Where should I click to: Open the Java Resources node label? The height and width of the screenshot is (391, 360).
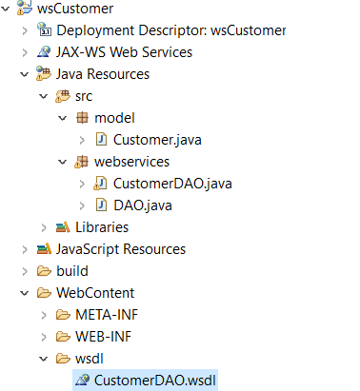tap(115, 74)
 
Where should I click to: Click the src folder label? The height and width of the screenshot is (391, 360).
tap(84, 96)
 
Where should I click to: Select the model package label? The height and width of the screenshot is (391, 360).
tap(115, 118)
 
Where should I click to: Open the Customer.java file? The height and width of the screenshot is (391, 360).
tap(157, 140)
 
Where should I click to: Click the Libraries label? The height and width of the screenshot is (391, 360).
tap(102, 227)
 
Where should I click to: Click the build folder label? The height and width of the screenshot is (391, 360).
tap(72, 271)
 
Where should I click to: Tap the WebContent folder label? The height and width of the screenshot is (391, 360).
tap(95, 293)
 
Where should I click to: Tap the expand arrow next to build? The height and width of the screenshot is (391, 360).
tap(24, 271)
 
